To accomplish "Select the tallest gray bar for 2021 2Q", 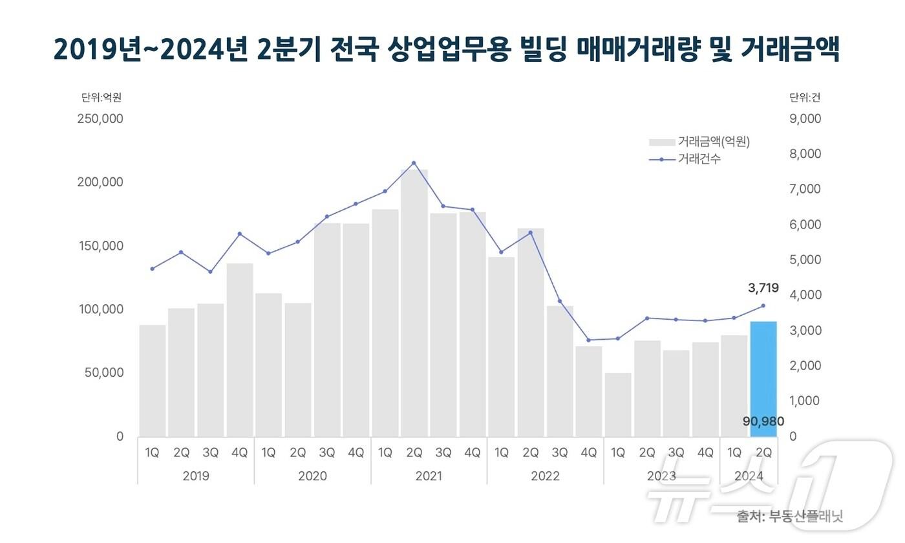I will (414, 304).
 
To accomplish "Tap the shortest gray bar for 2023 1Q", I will (618, 404).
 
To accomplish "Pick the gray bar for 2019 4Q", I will (240, 349).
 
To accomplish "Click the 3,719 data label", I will (763, 288).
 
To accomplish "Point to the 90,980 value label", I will (763, 421).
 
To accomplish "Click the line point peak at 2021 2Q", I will (414, 163).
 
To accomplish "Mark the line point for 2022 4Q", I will (589, 340).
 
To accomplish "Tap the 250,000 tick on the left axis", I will (100, 119).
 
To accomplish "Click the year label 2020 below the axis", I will (312, 476).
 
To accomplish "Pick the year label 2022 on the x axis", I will (545, 476).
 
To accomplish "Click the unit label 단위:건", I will (804, 98).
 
